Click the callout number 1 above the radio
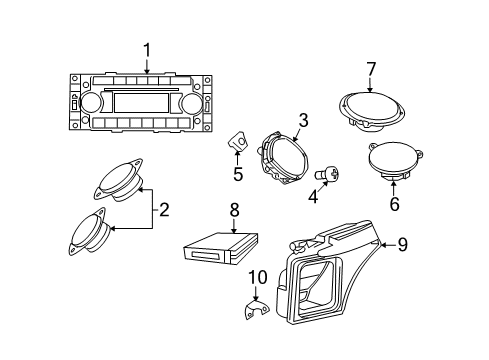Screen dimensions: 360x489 pos(146,49)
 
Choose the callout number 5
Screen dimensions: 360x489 pos(238,175)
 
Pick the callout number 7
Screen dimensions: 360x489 pos(370,69)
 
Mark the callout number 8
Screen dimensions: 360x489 pos(233,211)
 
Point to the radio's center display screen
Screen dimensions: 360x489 pos(141,103)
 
